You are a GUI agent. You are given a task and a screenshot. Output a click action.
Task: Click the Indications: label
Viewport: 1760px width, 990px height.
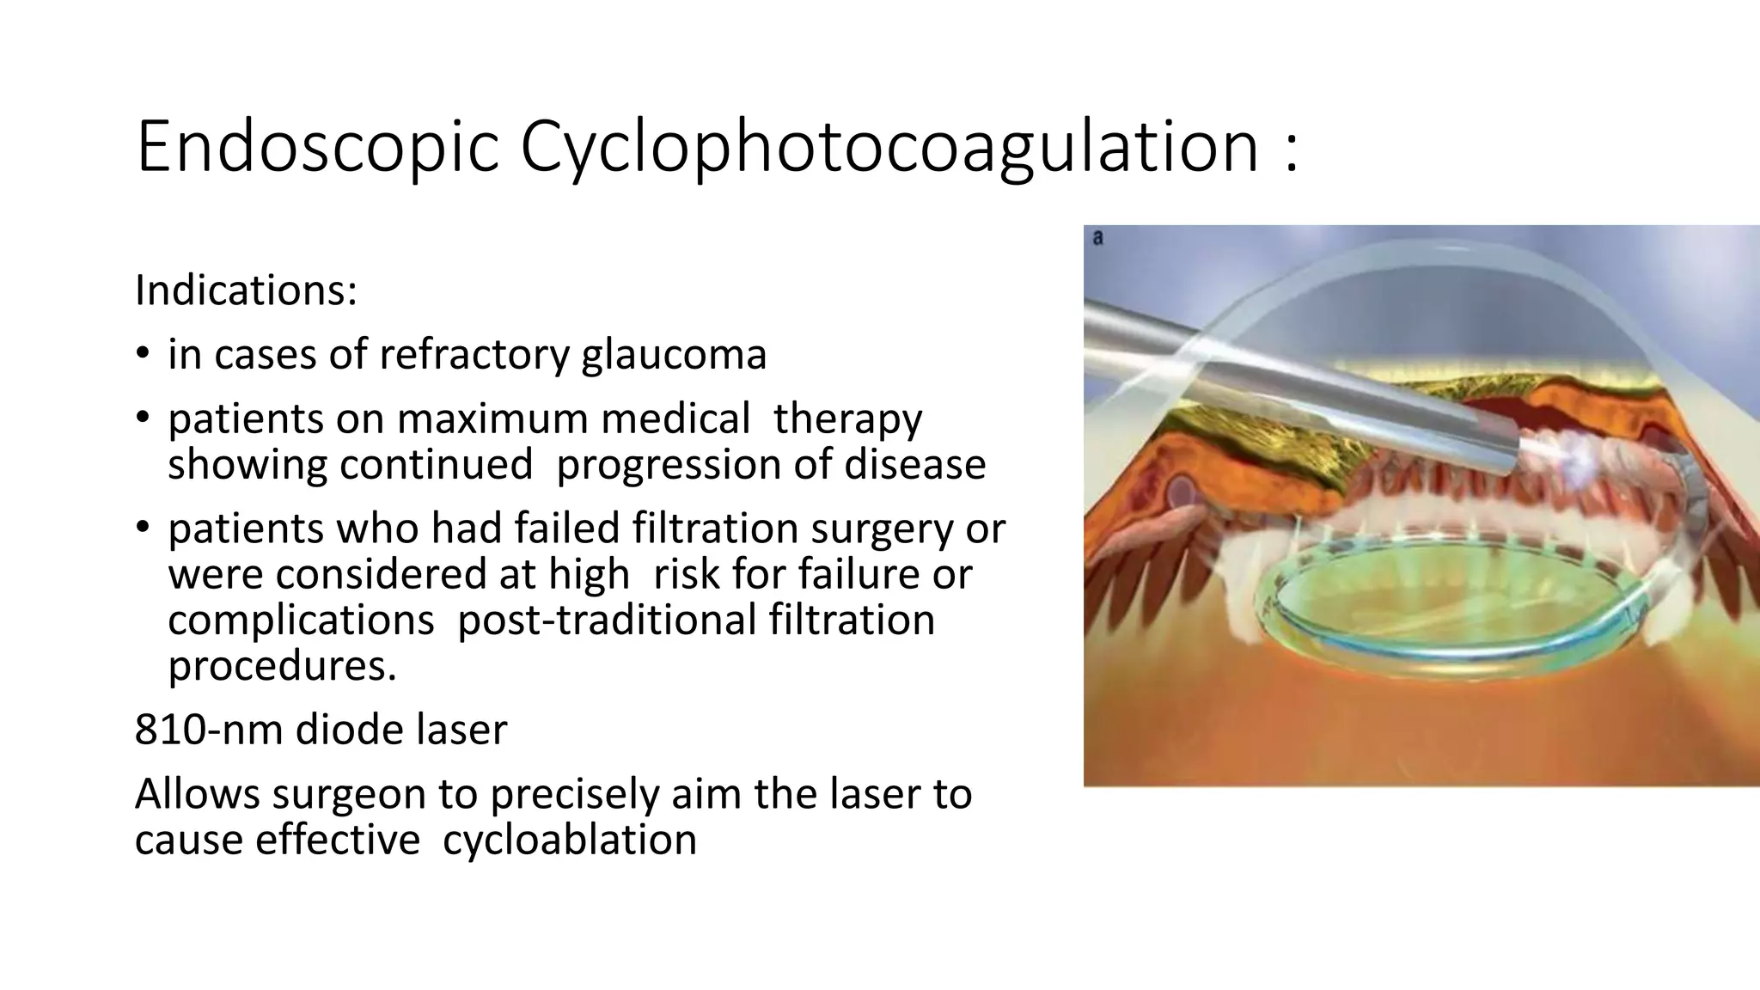(246, 290)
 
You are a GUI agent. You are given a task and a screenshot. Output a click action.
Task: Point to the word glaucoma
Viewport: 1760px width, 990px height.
(674, 354)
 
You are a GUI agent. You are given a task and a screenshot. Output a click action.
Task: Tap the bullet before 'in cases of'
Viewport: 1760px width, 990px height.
(143, 354)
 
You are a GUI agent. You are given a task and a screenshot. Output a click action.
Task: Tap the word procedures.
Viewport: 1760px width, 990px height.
(282, 665)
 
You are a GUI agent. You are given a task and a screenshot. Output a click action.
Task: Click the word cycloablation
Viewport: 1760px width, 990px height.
(569, 840)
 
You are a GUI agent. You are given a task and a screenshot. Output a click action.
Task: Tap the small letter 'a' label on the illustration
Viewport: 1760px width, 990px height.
(1097, 238)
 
